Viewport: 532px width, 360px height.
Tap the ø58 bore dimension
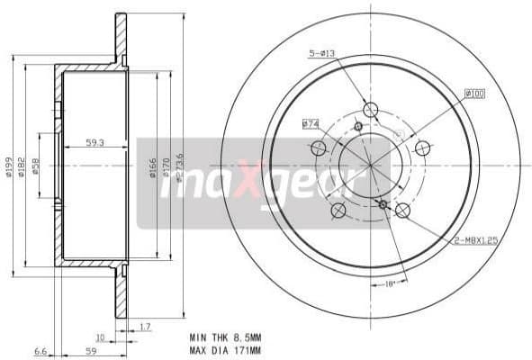click(36, 166)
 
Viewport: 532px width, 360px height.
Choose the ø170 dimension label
click(167, 167)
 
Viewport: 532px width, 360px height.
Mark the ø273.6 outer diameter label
click(180, 167)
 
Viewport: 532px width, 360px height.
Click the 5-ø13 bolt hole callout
click(322, 54)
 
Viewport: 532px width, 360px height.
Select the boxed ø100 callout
click(474, 93)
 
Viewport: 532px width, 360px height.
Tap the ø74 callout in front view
click(311, 123)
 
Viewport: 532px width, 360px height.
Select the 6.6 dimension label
click(40, 352)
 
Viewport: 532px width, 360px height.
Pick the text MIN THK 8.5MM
click(225, 337)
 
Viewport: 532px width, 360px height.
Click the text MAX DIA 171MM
click(225, 350)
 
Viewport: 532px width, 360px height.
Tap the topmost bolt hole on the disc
click(370, 110)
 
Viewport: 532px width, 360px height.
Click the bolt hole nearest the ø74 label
click(319, 148)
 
